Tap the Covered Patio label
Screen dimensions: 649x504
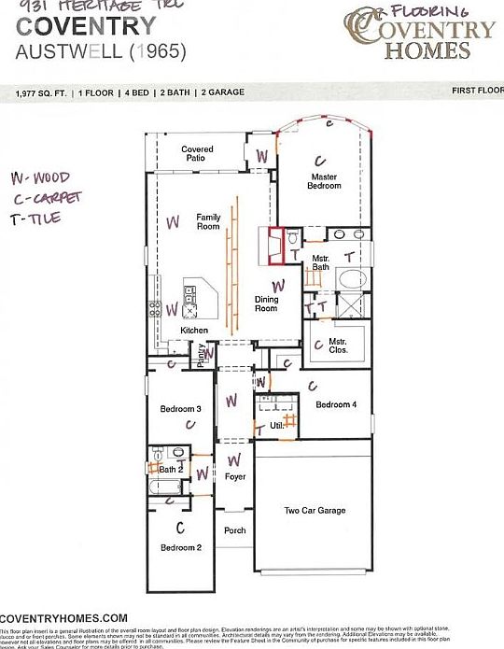(197, 154)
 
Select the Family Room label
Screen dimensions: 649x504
(207, 221)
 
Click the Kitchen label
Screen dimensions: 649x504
(194, 331)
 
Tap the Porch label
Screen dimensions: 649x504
(234, 530)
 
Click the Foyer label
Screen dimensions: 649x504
(235, 477)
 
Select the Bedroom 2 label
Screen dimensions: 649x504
(180, 547)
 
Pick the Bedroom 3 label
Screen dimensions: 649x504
(180, 409)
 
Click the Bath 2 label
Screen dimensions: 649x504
(170, 469)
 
